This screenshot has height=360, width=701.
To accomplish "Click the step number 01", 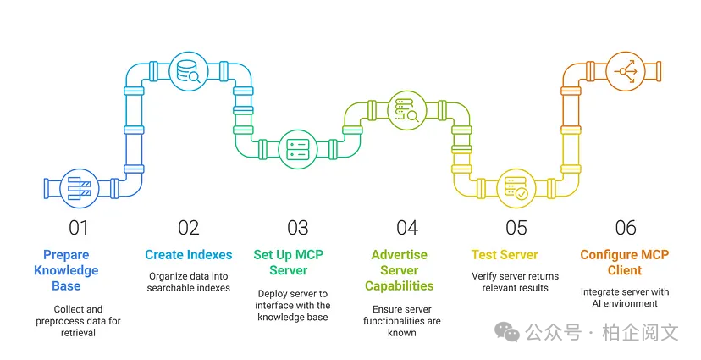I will (78, 227).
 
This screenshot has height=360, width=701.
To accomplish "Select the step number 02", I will (188, 227).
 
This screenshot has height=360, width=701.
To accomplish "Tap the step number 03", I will (297, 227).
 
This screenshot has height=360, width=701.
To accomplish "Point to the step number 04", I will (407, 227).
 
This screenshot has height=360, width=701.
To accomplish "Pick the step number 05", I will (516, 227).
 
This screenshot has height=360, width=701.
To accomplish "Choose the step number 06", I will (625, 227).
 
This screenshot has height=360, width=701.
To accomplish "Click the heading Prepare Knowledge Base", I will (66, 270).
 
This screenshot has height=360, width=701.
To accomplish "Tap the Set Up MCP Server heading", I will (289, 262).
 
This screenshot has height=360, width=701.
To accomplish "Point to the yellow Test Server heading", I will (505, 254).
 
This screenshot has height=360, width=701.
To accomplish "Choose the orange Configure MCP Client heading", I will (624, 262).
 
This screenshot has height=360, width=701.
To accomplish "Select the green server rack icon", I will (297, 149).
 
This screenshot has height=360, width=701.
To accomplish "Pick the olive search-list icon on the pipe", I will (406, 110).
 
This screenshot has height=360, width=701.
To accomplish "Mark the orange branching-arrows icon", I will (627, 71).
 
